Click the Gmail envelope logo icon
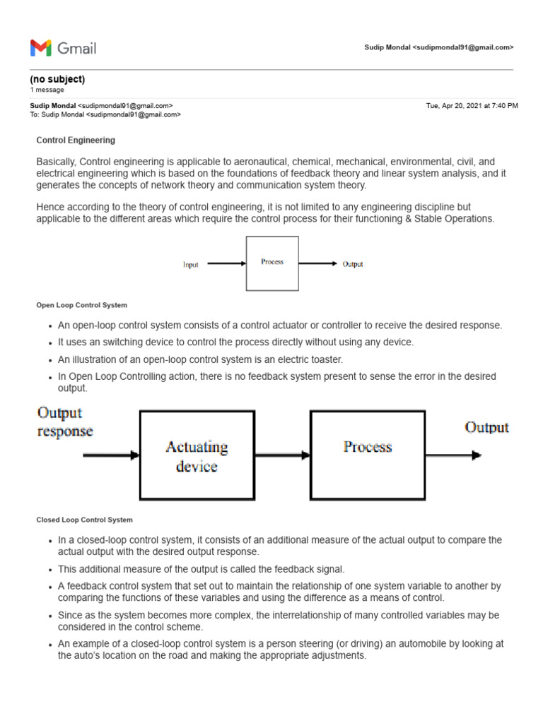click(x=41, y=48)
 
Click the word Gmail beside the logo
click(x=76, y=48)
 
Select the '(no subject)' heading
click(x=57, y=79)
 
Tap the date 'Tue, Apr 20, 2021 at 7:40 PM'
click(x=472, y=105)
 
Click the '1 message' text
click(x=47, y=90)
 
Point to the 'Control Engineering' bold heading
click(x=76, y=141)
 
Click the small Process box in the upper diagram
click(x=272, y=263)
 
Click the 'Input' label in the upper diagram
click(x=191, y=265)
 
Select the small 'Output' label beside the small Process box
click(x=353, y=264)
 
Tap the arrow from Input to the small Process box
click(x=226, y=264)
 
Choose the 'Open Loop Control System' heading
click(x=82, y=305)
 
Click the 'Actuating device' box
click(x=197, y=455)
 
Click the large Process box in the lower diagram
click(x=368, y=455)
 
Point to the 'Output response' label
click(x=64, y=422)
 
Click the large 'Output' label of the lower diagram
click(x=486, y=427)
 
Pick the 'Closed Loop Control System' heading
click(x=85, y=520)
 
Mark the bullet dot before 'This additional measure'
click(x=49, y=570)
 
